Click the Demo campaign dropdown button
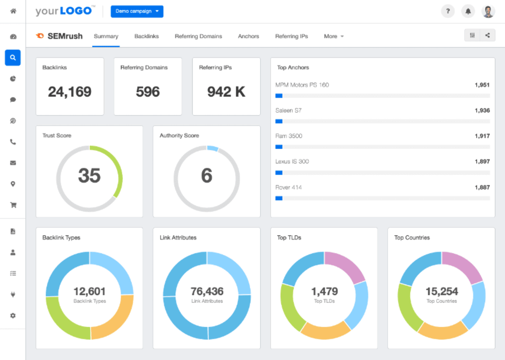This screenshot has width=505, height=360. (x=137, y=11)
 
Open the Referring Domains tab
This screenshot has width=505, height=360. (x=198, y=36)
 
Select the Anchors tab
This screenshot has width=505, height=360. (x=248, y=36)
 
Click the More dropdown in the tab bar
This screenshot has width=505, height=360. (x=333, y=36)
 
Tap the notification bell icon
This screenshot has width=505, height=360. (x=468, y=11)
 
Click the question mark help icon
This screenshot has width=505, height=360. (x=447, y=11)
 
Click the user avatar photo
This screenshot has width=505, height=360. (x=488, y=11)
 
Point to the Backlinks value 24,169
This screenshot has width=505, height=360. (x=70, y=92)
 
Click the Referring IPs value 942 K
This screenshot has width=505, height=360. (x=226, y=92)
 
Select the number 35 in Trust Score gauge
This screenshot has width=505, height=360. (x=89, y=176)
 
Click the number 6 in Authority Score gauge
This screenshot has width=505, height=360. (x=206, y=176)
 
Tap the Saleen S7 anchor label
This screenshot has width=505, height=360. (x=288, y=110)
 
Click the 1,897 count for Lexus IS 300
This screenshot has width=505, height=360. (x=482, y=161)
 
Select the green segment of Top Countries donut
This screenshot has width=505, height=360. (x=406, y=309)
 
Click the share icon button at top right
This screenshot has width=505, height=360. (x=488, y=35)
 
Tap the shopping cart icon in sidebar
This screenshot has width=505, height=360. (x=13, y=205)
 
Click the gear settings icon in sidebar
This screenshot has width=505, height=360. (x=13, y=316)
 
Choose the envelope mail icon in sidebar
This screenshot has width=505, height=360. (x=13, y=163)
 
